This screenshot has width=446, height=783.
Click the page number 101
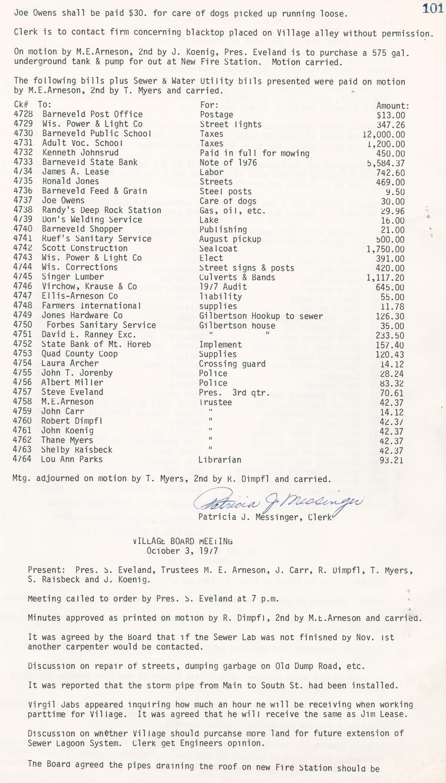[433, 7]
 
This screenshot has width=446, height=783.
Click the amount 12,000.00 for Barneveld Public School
[384, 134]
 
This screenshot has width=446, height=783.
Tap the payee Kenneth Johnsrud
[80, 153]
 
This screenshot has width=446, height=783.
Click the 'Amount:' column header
[393, 105]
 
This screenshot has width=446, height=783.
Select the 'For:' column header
[209, 105]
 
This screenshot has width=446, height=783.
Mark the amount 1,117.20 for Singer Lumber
[386, 277]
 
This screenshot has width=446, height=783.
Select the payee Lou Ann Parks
[72, 460]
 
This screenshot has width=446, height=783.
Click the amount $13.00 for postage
[390, 115]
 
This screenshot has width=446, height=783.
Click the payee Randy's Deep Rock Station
[101, 211]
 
